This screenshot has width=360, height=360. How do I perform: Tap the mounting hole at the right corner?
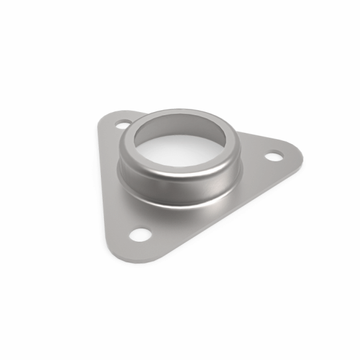[274, 155]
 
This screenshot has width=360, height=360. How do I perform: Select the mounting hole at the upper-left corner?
[123, 125]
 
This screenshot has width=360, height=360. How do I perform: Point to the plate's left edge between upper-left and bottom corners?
[103, 188]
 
